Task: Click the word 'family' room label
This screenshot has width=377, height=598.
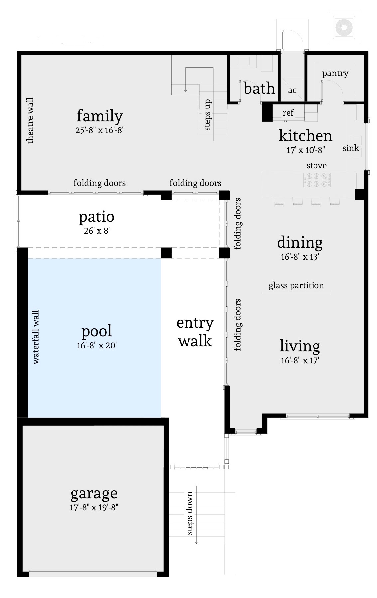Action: (x=100, y=116)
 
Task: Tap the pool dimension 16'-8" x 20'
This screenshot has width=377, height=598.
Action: (x=97, y=346)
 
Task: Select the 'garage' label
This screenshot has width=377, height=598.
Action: (x=94, y=493)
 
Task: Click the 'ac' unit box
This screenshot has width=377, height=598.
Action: (x=292, y=90)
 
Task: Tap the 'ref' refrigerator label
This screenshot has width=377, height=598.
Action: (x=288, y=113)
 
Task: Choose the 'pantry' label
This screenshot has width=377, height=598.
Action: (x=335, y=73)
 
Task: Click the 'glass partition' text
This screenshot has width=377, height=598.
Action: (x=296, y=286)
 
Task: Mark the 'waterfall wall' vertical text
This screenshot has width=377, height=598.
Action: (x=36, y=337)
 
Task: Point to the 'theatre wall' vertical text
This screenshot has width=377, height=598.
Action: (x=30, y=121)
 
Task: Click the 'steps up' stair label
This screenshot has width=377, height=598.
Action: (x=207, y=115)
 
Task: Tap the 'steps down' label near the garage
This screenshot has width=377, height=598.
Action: (x=189, y=513)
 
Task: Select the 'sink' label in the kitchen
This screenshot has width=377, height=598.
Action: (x=351, y=148)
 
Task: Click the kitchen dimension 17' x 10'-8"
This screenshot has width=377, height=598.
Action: (x=305, y=150)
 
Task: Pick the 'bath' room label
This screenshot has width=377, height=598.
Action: (x=259, y=89)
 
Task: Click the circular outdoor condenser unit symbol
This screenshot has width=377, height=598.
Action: (x=344, y=27)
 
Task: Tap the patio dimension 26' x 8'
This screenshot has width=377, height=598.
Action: (x=97, y=231)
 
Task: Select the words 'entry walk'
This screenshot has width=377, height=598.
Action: (x=195, y=332)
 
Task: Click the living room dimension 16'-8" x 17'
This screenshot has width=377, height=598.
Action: (x=300, y=360)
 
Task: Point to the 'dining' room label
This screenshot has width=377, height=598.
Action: (x=300, y=243)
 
